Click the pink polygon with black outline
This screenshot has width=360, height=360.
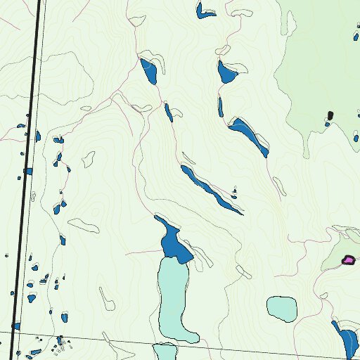[347, 260]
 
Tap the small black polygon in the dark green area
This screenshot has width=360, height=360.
[330, 115]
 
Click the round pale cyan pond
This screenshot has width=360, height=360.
[281, 307]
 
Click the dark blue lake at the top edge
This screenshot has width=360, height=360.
[205, 11]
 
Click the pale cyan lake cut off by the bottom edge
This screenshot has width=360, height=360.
[165, 352]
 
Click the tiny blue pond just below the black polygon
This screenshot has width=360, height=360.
[327, 124]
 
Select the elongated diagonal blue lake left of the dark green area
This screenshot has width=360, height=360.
[250, 134]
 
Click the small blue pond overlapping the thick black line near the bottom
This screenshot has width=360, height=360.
[15, 326]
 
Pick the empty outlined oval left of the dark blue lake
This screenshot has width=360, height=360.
[83, 225]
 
